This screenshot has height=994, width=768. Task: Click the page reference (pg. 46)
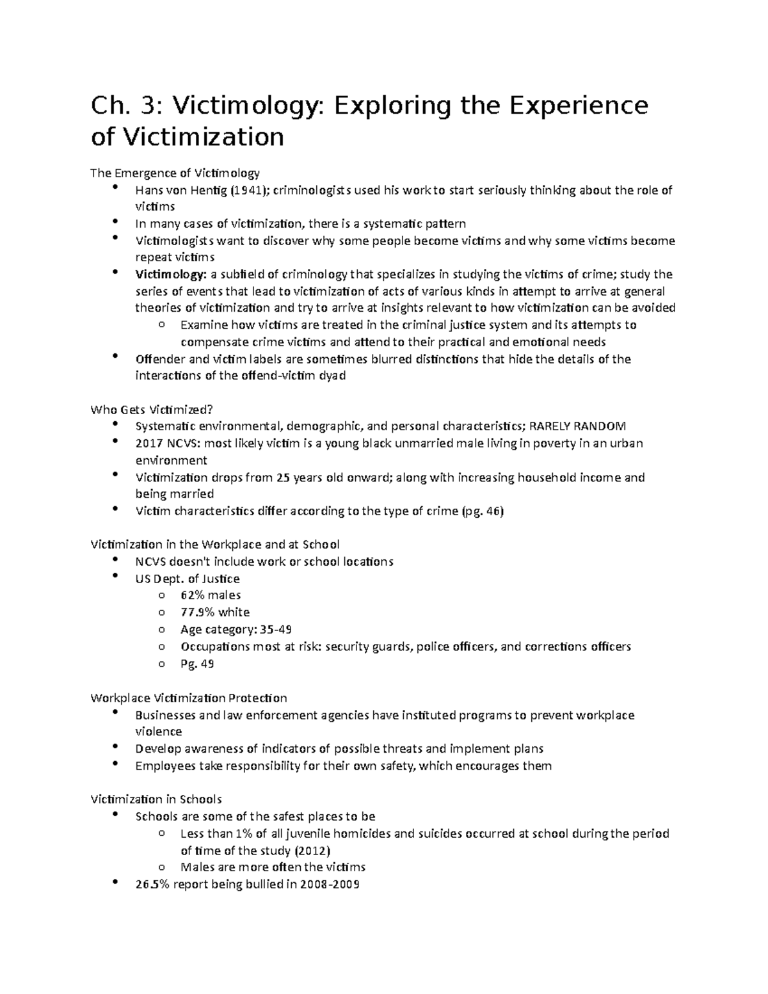coord(483,511)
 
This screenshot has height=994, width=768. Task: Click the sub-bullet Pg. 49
coord(197,664)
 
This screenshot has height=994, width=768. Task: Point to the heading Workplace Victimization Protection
coord(189,698)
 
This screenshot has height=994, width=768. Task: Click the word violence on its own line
coord(159,732)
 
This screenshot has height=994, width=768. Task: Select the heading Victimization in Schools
coord(156,799)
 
